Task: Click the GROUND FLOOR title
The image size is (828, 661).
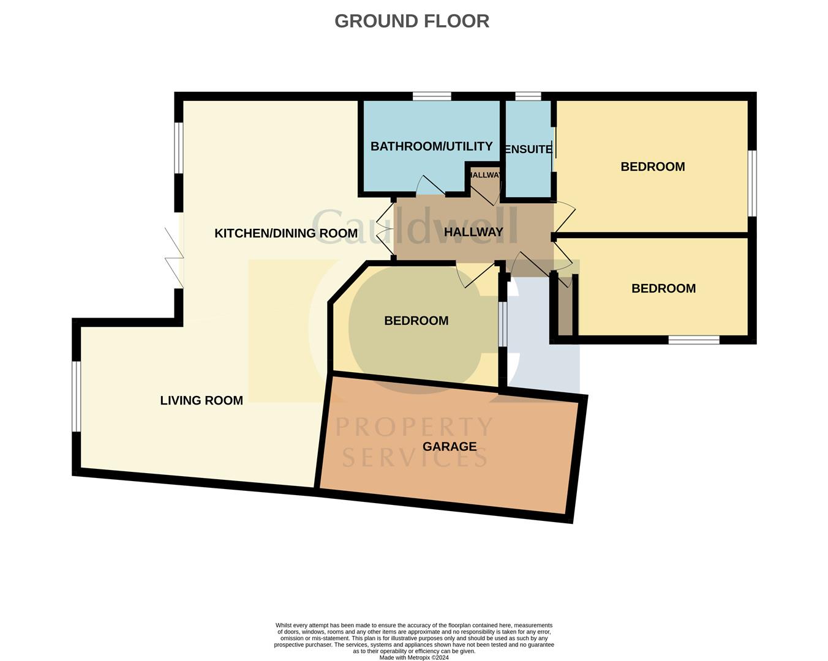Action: pyautogui.click(x=412, y=21)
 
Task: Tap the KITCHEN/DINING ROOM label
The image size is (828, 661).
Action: pyautogui.click(x=286, y=233)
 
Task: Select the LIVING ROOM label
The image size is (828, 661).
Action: pyautogui.click(x=201, y=400)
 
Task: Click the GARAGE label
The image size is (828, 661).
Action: pyautogui.click(x=450, y=446)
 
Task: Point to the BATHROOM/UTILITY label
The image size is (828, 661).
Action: pyautogui.click(x=431, y=146)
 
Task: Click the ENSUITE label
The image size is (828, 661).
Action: pyautogui.click(x=527, y=149)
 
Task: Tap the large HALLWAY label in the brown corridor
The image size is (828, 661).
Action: pyautogui.click(x=473, y=232)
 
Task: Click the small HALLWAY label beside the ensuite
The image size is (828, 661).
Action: pyautogui.click(x=485, y=175)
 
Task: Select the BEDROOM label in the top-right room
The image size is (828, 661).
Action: pyautogui.click(x=652, y=166)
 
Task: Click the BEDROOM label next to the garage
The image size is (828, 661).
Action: pyautogui.click(x=416, y=321)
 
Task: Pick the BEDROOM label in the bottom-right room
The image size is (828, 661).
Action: pyautogui.click(x=663, y=288)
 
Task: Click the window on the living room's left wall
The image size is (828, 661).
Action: pyautogui.click(x=77, y=396)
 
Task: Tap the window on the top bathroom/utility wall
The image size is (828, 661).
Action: pyautogui.click(x=432, y=96)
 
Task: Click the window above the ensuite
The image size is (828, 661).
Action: pyautogui.click(x=528, y=96)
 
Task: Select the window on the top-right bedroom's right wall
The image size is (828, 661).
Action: pyautogui.click(x=752, y=183)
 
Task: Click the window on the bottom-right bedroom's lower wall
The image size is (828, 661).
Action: pyautogui.click(x=693, y=340)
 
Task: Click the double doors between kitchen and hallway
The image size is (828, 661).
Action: pyautogui.click(x=386, y=231)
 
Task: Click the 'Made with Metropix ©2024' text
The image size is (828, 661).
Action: pyautogui.click(x=414, y=658)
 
